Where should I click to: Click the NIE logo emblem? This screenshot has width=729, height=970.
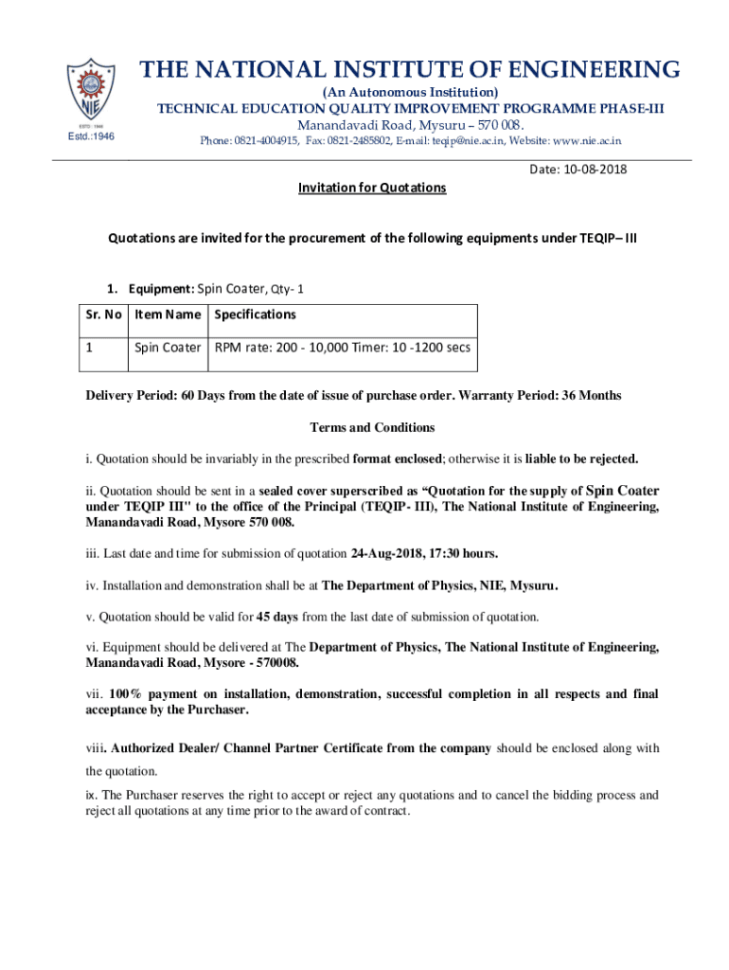coord(91,94)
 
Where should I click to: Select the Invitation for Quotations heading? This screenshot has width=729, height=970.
coord(372,188)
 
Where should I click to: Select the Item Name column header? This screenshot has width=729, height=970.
coord(168,314)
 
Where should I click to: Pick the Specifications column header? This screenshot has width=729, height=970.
coord(256,314)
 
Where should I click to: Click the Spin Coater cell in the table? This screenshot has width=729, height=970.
coord(168,348)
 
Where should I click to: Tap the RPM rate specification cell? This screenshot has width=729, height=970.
coord(342,348)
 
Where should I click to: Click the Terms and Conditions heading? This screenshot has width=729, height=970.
coord(372,427)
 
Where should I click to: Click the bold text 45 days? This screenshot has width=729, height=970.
coord(277,617)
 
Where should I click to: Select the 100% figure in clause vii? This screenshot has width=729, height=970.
coord(126,694)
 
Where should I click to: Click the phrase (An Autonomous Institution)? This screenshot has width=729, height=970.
coord(410,92)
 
